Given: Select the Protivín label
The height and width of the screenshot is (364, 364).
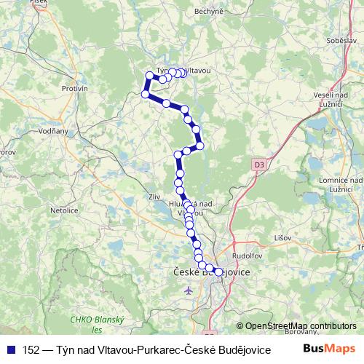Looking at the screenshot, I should [74, 88].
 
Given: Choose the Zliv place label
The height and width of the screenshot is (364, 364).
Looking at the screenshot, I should [153, 196].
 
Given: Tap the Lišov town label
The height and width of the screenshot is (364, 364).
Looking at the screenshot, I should [283, 237].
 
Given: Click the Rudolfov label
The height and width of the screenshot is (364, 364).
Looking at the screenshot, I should [247, 256].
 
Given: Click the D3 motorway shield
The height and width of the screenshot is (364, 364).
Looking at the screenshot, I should [259, 165].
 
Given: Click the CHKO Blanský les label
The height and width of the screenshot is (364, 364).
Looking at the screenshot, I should [98, 325].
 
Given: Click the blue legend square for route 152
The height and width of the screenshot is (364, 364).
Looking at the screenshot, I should [11, 350].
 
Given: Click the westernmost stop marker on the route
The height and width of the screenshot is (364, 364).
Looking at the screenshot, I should [145, 94].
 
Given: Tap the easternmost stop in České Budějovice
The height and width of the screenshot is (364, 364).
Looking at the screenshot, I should [218, 272].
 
